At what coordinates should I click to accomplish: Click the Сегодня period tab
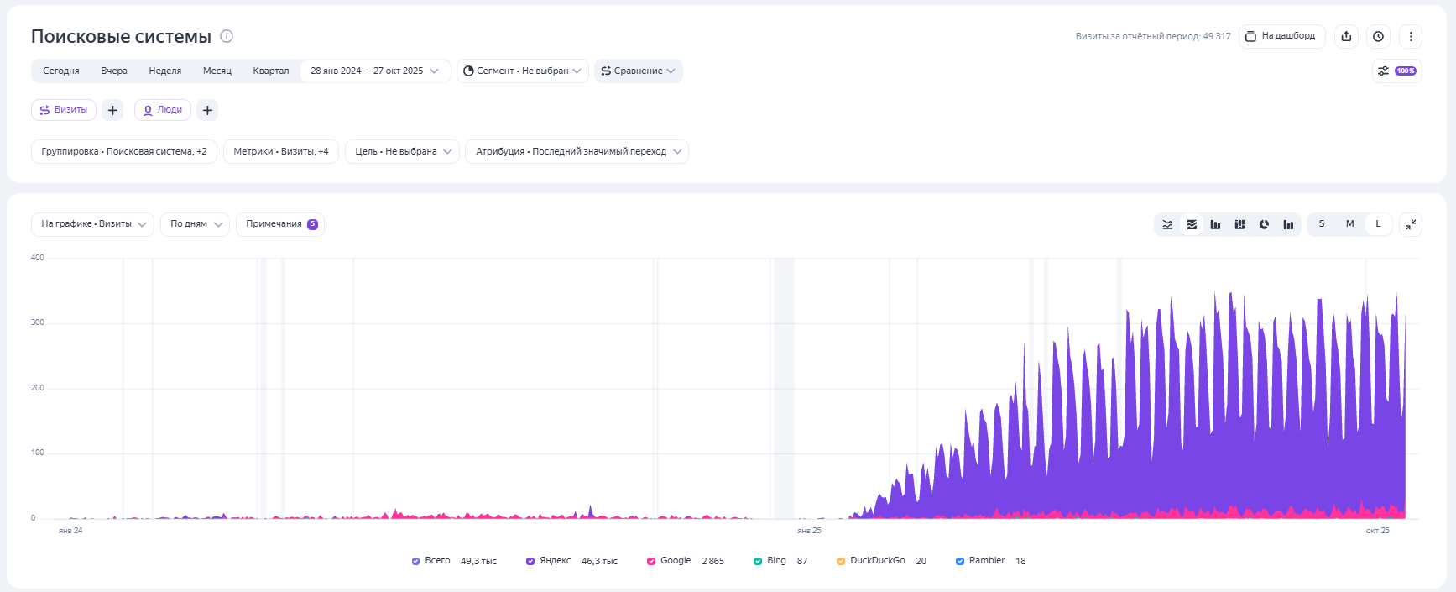point(61,71)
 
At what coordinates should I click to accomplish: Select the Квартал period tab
point(270,71)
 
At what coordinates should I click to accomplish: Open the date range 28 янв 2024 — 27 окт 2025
point(374,71)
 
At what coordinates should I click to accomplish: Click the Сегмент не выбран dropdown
point(522,71)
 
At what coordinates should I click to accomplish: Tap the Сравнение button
point(638,71)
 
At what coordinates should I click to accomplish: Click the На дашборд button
point(1281,36)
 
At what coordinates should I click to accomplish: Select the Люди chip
point(163,110)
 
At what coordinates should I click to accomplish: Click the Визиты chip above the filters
point(64,110)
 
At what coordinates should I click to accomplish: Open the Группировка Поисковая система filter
point(124,152)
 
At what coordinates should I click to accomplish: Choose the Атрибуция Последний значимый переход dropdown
point(577,152)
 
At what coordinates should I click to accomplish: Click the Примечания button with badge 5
point(280,224)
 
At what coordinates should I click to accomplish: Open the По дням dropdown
point(195,224)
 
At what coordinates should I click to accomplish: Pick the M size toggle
point(1349,224)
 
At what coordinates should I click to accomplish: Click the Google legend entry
point(675,561)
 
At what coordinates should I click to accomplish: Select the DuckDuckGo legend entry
point(877,561)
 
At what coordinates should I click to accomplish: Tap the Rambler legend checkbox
point(960,561)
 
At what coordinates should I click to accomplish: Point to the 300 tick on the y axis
point(38,322)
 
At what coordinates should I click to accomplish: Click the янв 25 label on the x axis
point(809,531)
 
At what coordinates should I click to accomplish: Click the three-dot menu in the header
point(1411,36)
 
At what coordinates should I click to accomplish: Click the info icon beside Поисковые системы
point(227,36)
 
